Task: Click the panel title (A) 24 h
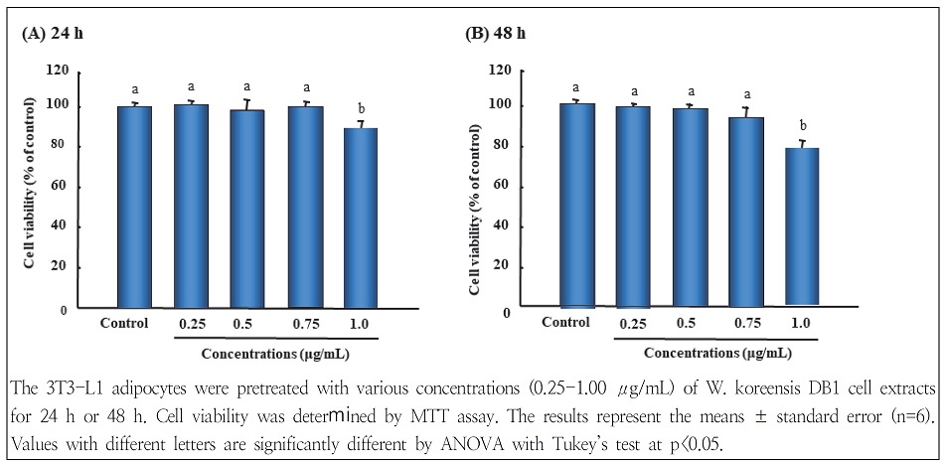tap(56, 34)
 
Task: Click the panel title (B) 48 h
tap(496, 34)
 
